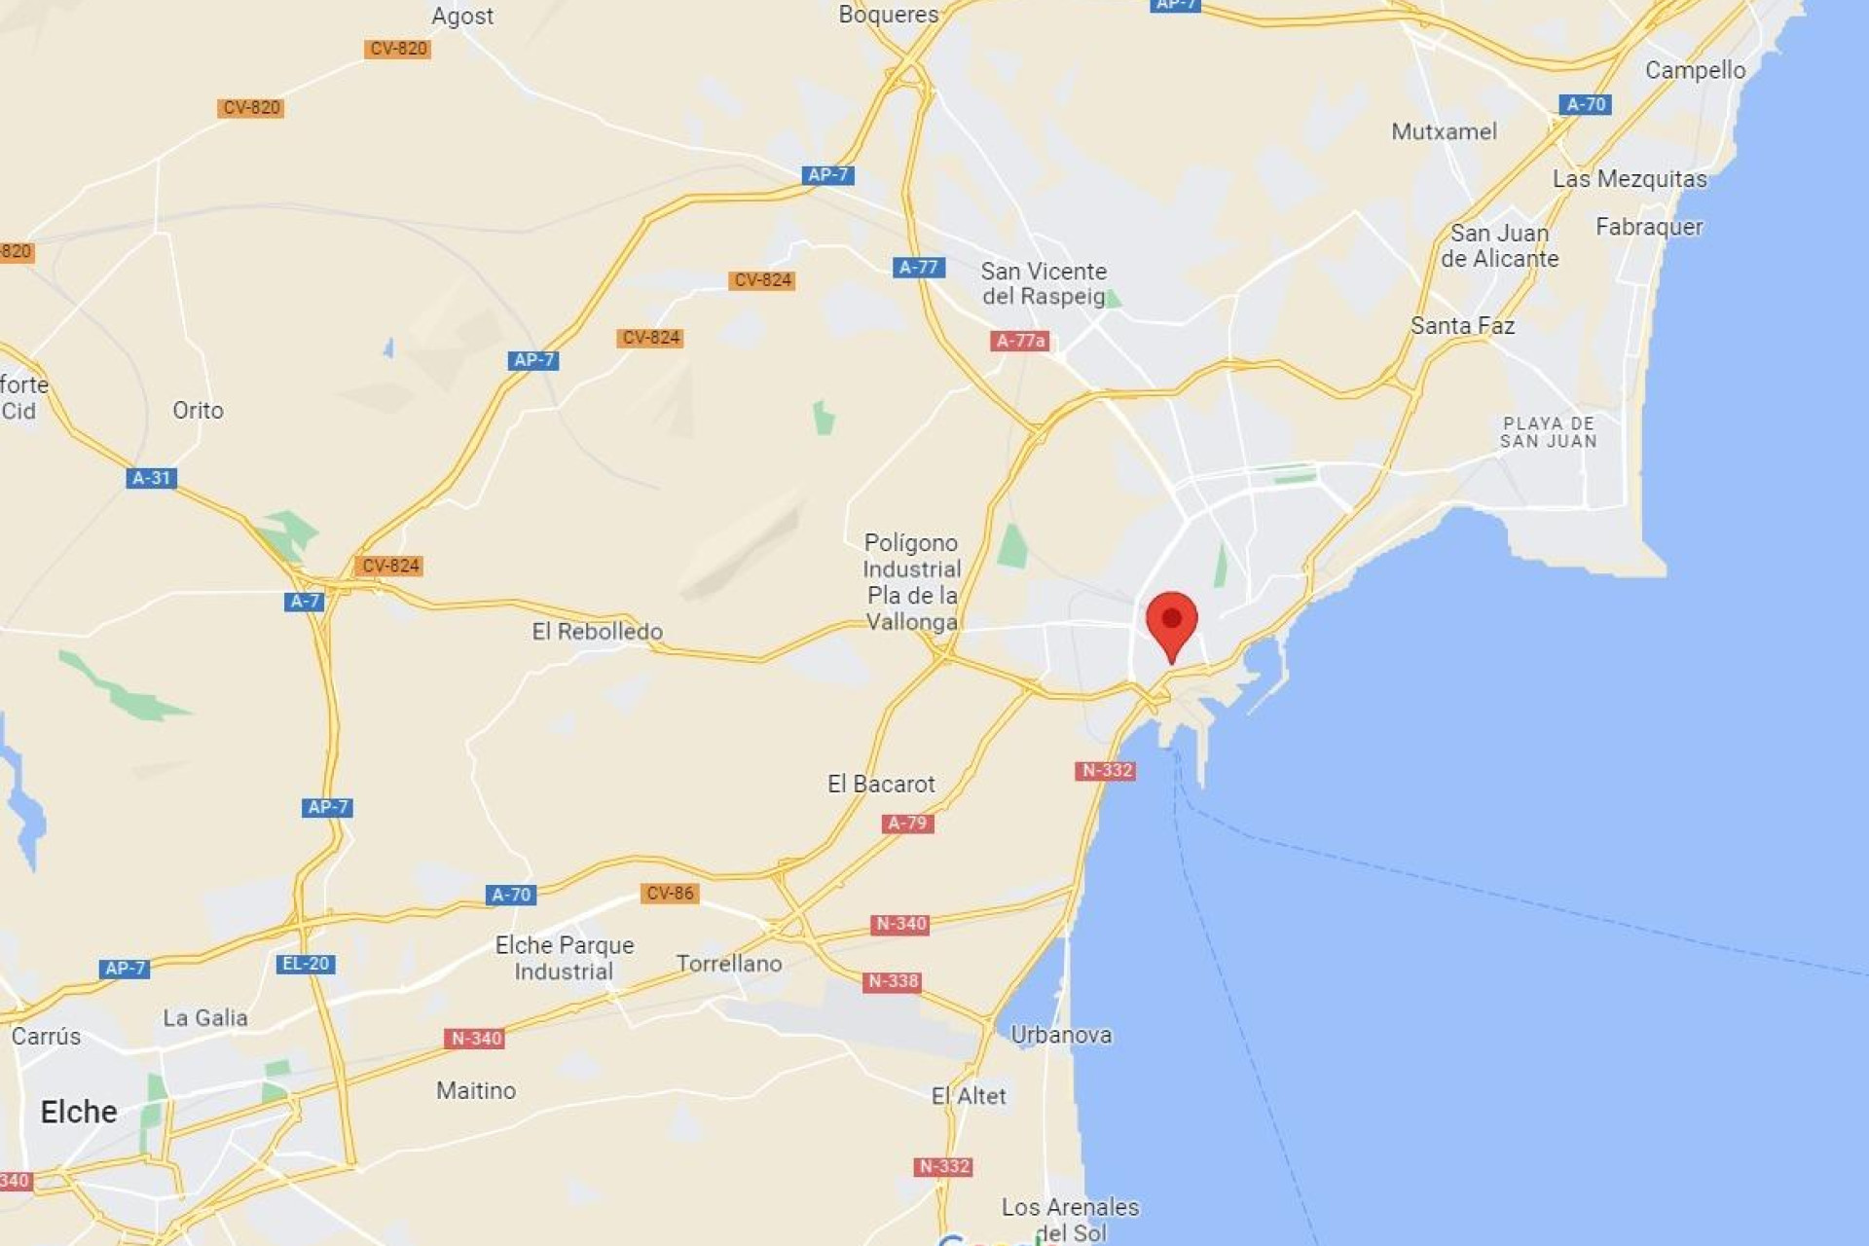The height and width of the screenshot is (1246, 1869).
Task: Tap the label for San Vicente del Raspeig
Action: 1044,283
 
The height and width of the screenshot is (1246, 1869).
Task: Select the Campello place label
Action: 1695,70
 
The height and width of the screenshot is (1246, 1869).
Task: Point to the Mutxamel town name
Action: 1444,131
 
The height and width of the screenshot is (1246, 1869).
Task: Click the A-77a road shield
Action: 1019,341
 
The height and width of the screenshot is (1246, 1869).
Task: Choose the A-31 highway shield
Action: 151,478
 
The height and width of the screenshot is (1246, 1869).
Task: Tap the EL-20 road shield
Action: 306,964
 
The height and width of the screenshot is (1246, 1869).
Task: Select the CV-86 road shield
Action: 670,893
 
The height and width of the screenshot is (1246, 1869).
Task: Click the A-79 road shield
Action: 907,824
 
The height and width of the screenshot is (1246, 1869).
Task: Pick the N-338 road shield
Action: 892,981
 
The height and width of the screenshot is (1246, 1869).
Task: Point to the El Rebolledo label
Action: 597,631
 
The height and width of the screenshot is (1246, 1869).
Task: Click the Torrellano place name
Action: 729,964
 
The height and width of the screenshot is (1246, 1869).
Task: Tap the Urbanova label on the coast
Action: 1061,1035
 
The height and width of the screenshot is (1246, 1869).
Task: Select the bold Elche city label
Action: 79,1112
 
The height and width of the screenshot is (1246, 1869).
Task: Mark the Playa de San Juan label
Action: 1548,432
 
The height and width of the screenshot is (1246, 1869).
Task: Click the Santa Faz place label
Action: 1462,325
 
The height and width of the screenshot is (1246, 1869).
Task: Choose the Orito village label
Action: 198,410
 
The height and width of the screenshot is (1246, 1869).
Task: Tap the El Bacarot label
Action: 881,784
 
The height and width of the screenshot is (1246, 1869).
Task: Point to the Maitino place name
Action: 476,1090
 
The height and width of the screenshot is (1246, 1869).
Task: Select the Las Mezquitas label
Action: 1630,179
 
